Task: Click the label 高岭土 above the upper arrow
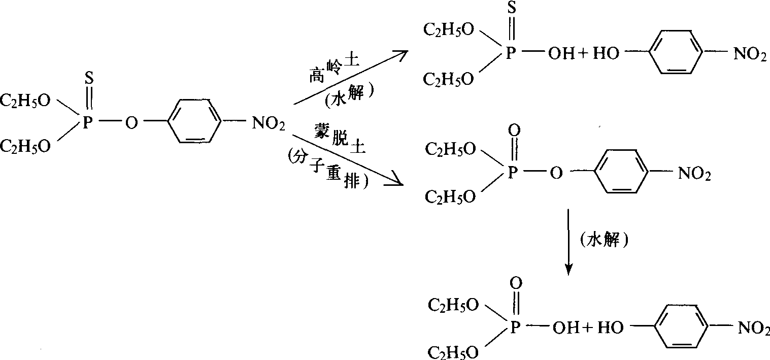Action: [333, 70]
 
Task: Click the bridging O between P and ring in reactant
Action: [131, 123]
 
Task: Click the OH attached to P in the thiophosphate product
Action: [557, 53]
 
